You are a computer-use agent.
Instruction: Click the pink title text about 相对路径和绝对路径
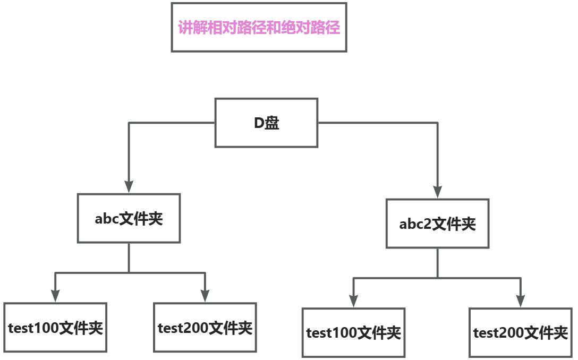click(x=259, y=28)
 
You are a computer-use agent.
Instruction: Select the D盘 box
click(x=266, y=123)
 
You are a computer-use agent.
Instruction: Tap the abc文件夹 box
click(x=129, y=218)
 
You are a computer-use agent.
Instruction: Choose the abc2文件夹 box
click(x=437, y=224)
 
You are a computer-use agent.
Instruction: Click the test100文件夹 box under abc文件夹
click(x=55, y=327)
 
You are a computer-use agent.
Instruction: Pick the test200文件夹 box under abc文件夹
click(x=205, y=327)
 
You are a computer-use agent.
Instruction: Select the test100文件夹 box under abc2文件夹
click(x=353, y=332)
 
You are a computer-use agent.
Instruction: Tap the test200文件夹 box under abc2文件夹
click(x=521, y=332)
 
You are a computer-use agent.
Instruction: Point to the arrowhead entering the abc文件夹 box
click(x=129, y=186)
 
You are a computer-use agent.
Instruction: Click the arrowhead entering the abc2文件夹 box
click(x=437, y=192)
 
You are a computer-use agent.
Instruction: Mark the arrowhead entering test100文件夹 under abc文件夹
click(x=55, y=296)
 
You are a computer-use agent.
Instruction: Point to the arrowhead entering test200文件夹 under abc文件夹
click(x=205, y=296)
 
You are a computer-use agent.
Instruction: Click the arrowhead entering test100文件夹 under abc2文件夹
click(x=353, y=301)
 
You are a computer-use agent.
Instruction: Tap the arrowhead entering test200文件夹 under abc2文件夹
click(x=521, y=301)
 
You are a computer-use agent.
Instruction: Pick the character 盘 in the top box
click(x=272, y=123)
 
